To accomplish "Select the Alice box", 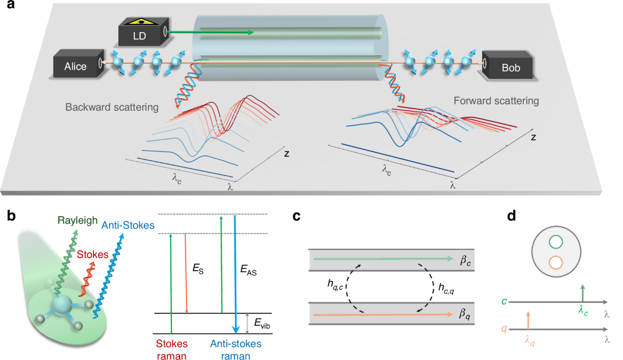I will [x=76, y=66].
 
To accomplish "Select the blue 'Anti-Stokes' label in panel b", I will [x=128, y=225].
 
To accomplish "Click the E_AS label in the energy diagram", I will [x=249, y=270].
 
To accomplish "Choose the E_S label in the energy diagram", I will [x=197, y=270].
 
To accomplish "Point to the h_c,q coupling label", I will [x=449, y=285].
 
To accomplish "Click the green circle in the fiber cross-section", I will [x=555, y=243].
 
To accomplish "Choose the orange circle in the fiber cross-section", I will [x=555, y=262].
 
